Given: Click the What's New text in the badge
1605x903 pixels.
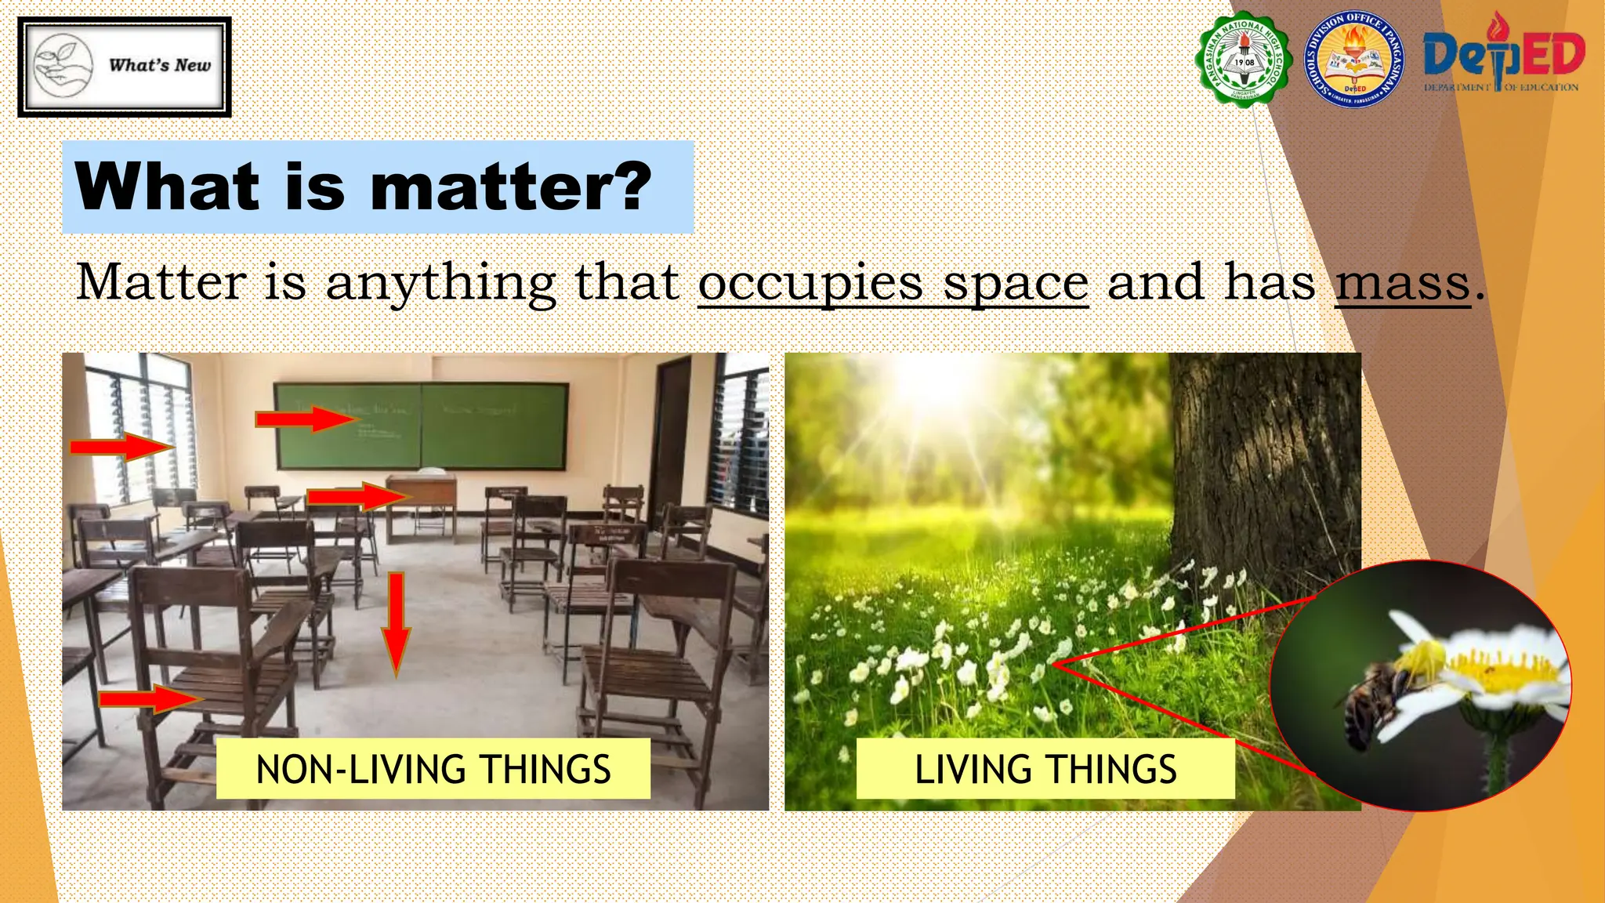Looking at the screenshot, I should point(160,66).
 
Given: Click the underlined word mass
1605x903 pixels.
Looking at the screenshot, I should point(1402,283).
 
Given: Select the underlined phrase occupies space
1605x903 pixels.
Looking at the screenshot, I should point(893,283).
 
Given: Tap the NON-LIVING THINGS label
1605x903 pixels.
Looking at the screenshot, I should point(433,769).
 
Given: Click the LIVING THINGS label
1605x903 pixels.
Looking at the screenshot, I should point(1045,769).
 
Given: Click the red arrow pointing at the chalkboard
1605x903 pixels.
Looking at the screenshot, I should point(305,419).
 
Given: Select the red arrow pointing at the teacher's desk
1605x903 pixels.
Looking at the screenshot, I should point(357,497).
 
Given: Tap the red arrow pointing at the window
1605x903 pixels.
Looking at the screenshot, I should point(121,448).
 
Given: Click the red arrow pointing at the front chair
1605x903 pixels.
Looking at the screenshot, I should point(150,698).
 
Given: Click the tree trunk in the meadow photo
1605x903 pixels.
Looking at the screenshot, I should point(1262,470).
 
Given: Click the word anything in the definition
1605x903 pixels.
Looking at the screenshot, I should point(440,283).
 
